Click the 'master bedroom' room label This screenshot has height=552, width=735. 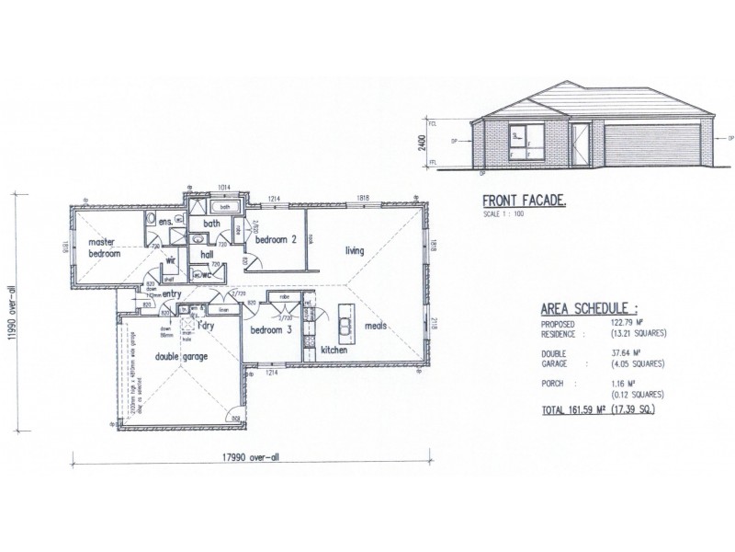(x=105, y=247)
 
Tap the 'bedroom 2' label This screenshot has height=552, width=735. (x=276, y=240)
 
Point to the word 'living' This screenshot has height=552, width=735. (x=356, y=250)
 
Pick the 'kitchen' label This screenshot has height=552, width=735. (x=332, y=351)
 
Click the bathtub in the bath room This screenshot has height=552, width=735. (x=224, y=208)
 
